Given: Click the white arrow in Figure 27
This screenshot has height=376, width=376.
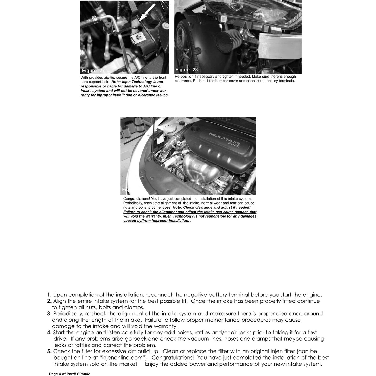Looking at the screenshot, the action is coord(147,12).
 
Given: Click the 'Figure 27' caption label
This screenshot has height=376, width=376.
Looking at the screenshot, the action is coord(93,71).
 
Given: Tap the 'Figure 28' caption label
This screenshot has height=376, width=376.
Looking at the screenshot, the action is coord(187,70).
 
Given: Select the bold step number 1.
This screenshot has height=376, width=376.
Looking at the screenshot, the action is coord(49,295).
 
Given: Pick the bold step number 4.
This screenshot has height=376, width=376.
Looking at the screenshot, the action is coord(49,333).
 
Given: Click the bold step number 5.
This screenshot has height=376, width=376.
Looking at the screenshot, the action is coord(49,352).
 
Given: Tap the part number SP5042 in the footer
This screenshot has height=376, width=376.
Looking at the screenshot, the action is coord(84,374).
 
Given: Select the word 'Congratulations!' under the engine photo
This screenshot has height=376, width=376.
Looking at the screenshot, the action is coord(137,199).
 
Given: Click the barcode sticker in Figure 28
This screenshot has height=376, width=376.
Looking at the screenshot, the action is coord(223,19).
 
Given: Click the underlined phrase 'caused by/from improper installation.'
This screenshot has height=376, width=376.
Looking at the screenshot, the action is coord(156,221).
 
